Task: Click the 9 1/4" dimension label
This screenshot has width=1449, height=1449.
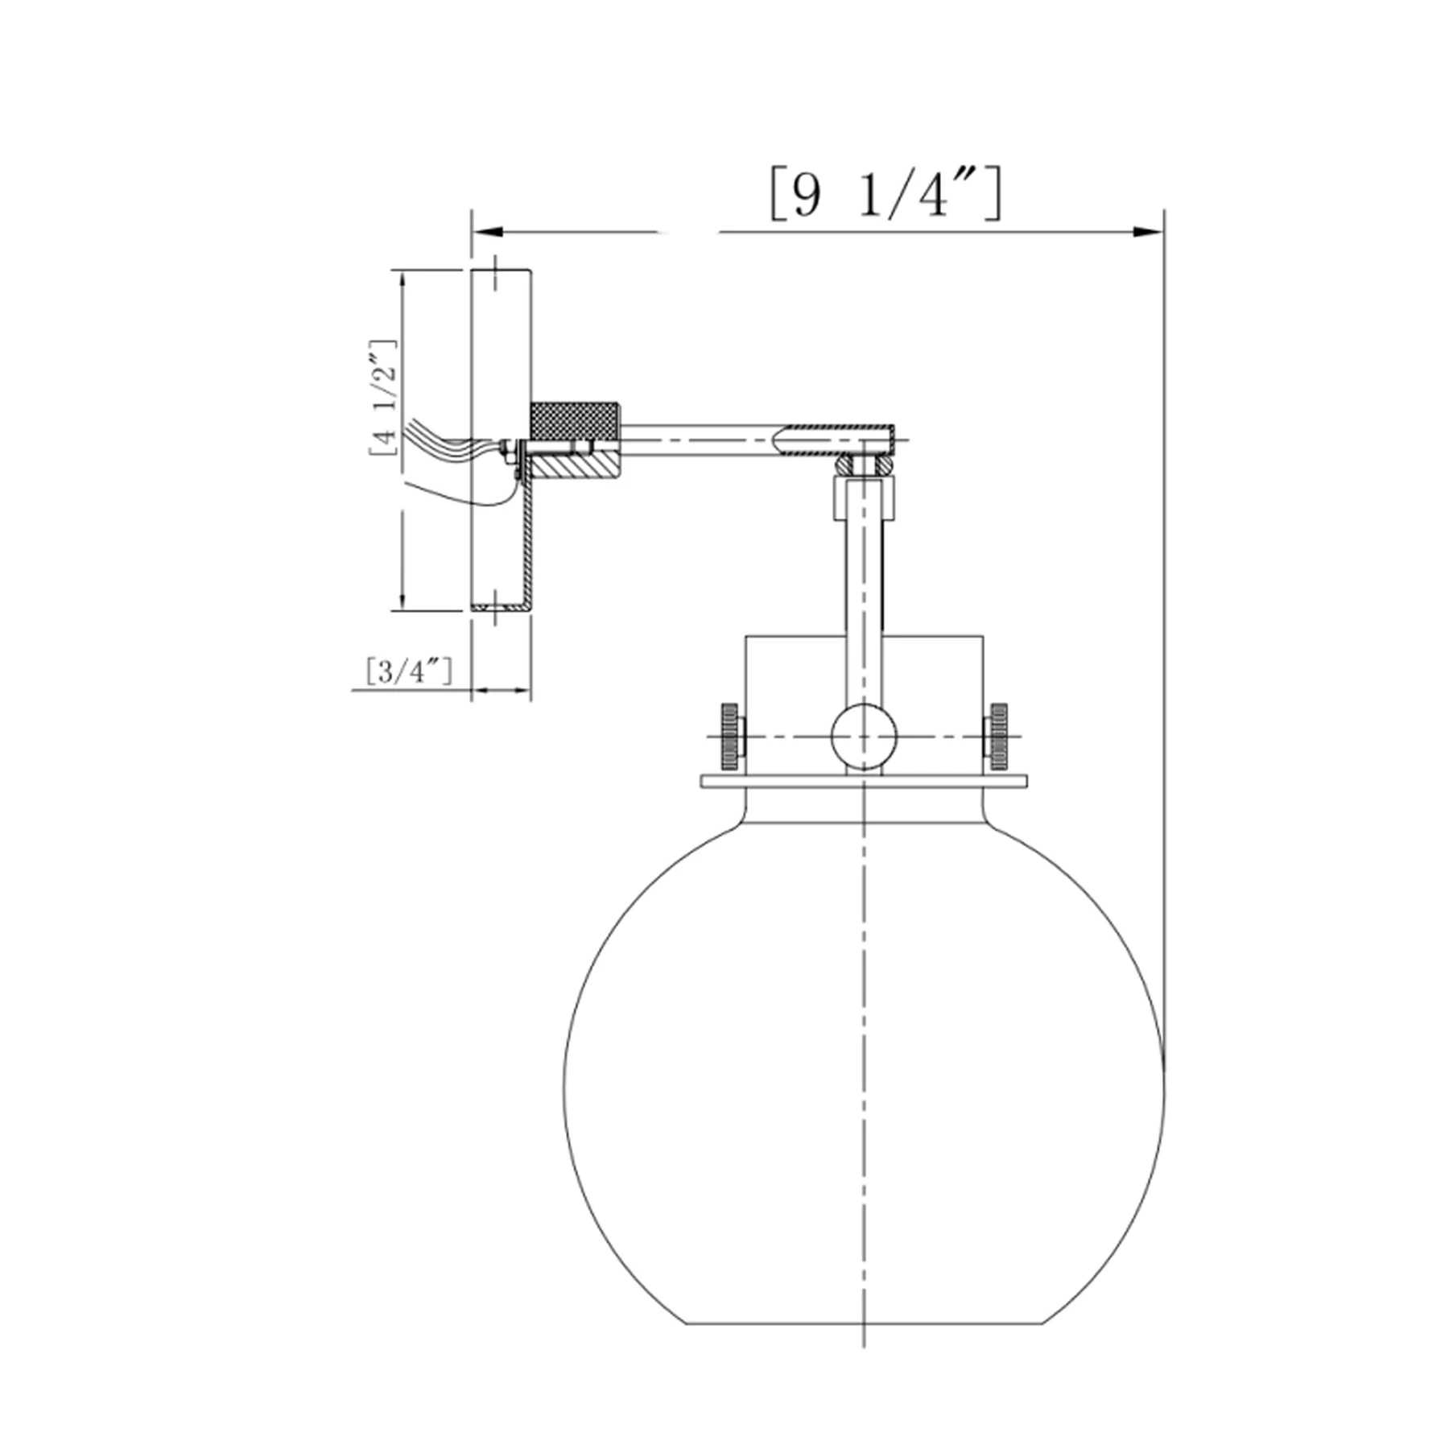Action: point(885,193)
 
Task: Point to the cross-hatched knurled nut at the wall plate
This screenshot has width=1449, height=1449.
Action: point(574,420)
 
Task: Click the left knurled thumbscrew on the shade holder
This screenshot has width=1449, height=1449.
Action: point(730,736)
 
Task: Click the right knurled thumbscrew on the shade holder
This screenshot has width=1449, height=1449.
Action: point(998,736)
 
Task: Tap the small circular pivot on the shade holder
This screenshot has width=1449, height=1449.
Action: point(864,736)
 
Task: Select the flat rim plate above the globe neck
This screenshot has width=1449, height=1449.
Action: point(864,781)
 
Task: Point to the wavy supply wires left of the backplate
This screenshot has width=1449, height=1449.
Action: point(439,443)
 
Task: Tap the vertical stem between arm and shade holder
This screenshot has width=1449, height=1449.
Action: point(864,580)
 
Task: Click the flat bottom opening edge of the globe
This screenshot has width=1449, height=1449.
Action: point(864,1323)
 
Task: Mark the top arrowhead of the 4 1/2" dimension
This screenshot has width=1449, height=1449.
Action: point(402,282)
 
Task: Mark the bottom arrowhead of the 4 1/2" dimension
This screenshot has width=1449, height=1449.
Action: point(402,600)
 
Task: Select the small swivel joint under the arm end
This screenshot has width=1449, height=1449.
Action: point(864,465)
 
